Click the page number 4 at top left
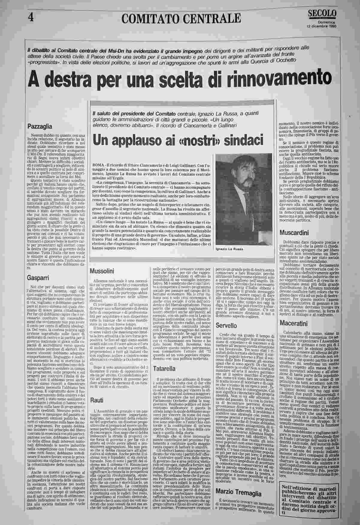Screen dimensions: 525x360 tap(30, 17)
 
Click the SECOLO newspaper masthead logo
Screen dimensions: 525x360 tap(322, 14)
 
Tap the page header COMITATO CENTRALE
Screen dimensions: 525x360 tap(181, 19)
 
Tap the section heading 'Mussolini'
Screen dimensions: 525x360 tap(102, 271)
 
